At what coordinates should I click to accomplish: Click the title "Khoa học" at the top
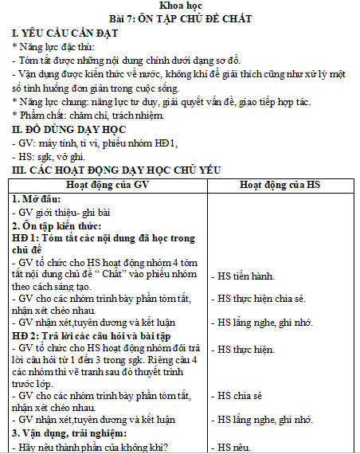tap(181, 6)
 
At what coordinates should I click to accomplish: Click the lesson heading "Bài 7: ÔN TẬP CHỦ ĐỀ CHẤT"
tap(181, 18)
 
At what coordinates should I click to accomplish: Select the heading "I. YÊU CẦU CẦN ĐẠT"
tap(65, 33)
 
